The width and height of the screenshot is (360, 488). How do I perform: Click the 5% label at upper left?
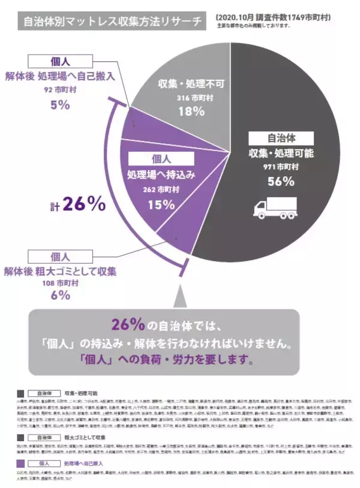tap(60, 106)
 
